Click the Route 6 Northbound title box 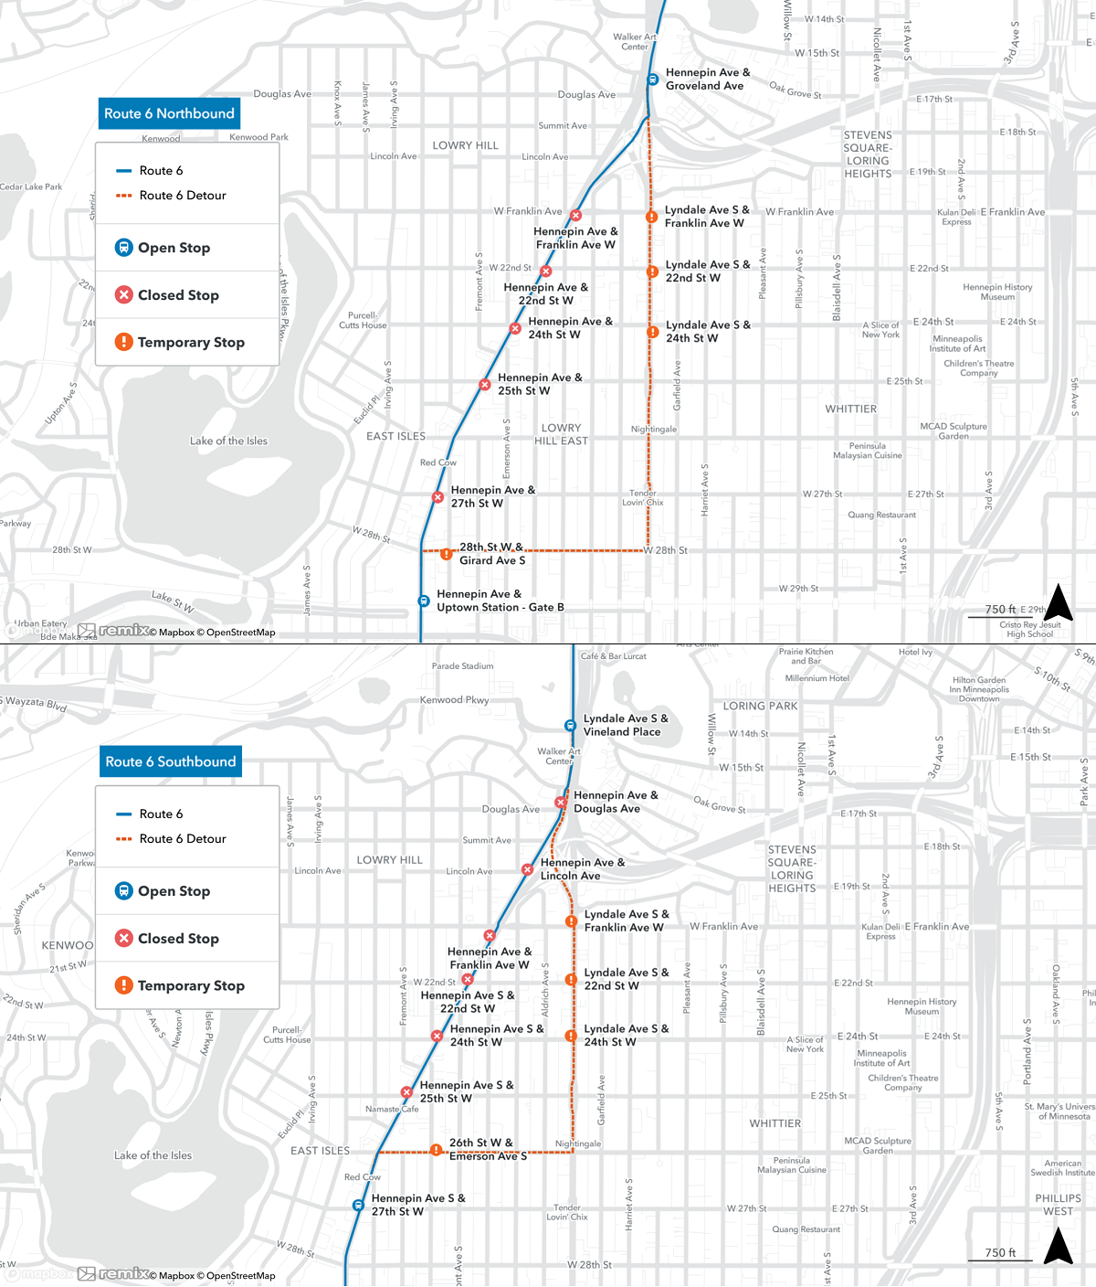(x=169, y=113)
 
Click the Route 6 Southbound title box (x=170, y=761)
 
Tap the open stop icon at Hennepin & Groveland (x=653, y=80)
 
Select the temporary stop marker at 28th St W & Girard (x=446, y=554)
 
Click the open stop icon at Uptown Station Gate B (x=424, y=601)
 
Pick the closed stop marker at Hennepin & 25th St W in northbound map (x=485, y=385)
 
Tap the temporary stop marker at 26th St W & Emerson (x=437, y=1150)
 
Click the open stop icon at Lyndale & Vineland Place (x=570, y=726)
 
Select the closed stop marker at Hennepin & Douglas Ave (x=561, y=803)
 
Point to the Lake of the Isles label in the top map (x=228, y=441)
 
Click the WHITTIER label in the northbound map (x=850, y=409)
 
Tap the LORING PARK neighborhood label (x=760, y=706)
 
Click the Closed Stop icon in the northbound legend (x=124, y=294)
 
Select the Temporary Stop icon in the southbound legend (x=124, y=984)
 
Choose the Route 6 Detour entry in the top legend (x=182, y=196)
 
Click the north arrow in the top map (x=1058, y=603)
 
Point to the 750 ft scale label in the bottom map (x=1000, y=1252)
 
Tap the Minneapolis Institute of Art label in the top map (x=957, y=344)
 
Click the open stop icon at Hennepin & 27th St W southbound (x=358, y=1206)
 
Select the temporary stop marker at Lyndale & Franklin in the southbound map (x=571, y=921)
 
